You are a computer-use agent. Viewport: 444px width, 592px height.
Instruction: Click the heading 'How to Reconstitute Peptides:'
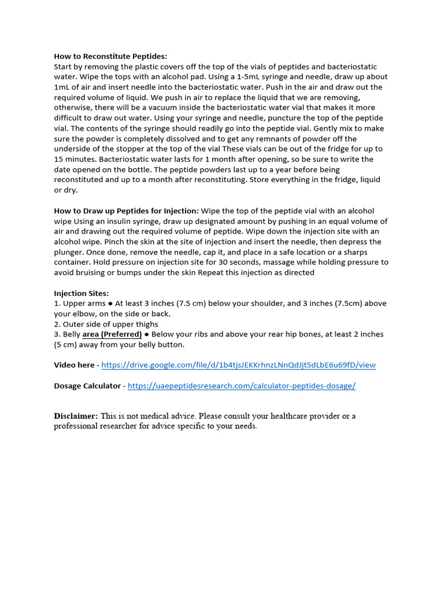110,56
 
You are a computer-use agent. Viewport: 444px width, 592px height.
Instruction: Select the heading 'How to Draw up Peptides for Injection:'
126,211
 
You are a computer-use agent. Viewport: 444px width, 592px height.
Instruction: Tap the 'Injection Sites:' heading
81,293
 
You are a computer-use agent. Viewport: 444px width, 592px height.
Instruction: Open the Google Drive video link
238,365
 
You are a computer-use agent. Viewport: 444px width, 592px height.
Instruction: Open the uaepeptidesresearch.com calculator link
242,386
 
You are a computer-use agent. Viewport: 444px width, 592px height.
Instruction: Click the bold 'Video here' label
75,365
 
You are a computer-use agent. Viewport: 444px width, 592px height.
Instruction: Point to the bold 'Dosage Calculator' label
87,386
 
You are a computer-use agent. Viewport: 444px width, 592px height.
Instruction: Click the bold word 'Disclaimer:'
76,416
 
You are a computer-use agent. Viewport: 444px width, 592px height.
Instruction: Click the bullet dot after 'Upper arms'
110,304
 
